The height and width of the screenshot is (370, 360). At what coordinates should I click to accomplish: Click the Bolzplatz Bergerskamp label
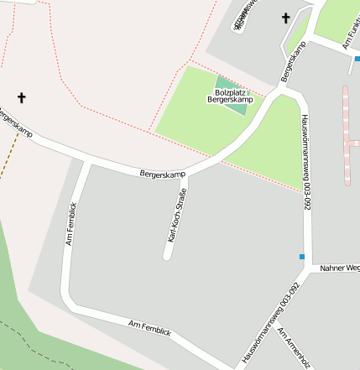click(x=230, y=96)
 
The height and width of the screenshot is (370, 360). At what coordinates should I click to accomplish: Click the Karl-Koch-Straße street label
click(x=177, y=216)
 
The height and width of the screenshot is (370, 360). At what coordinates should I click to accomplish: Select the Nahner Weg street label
click(x=340, y=268)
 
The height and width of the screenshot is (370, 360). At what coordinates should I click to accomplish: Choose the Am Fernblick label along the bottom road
click(x=149, y=328)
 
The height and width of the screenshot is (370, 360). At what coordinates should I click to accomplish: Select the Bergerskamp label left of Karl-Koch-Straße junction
click(x=162, y=174)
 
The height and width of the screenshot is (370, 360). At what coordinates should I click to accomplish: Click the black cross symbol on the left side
click(x=21, y=98)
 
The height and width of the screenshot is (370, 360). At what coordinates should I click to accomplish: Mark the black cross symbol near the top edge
click(x=285, y=18)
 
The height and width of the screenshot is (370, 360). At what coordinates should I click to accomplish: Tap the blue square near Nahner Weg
click(x=302, y=256)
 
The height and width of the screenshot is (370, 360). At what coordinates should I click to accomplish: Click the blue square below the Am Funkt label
click(x=357, y=59)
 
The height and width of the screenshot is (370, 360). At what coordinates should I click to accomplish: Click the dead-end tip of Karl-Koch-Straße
click(x=167, y=254)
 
